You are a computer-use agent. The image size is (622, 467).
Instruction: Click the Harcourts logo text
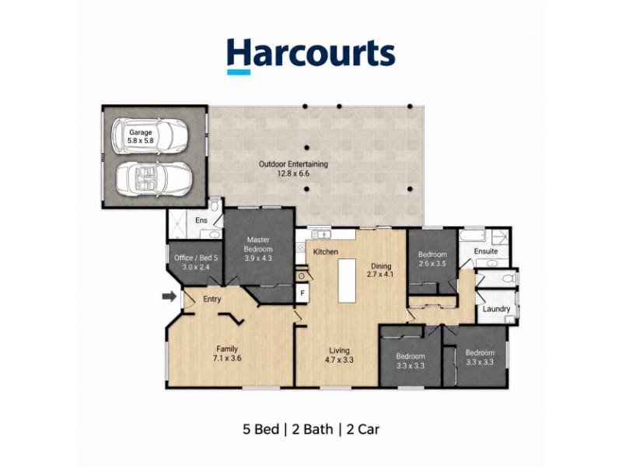[x=311, y=53]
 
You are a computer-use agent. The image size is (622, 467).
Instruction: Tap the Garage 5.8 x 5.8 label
[x=141, y=136]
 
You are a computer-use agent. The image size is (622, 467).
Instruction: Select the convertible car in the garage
[x=154, y=179]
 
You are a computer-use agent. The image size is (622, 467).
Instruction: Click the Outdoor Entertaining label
[x=294, y=168]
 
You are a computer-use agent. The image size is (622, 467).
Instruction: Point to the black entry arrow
[x=169, y=297]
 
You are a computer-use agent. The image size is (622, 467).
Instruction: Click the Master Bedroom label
[x=258, y=249]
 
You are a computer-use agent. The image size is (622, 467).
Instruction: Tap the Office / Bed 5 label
[x=196, y=262]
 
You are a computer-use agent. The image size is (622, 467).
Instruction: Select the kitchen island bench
[x=347, y=281]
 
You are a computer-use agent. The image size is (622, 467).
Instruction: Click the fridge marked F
[x=302, y=293]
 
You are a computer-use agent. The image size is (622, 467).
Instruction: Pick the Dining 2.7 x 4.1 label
[x=381, y=270]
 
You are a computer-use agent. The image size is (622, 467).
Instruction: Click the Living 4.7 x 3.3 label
[x=340, y=355]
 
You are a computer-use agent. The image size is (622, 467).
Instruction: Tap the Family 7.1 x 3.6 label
[x=227, y=353]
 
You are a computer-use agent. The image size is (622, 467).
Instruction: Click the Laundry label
[x=496, y=309]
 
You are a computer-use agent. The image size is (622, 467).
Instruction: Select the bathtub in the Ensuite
[x=472, y=237]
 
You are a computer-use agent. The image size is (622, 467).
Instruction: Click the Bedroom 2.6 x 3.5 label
[x=432, y=258]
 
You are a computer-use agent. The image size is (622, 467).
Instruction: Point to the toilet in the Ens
[x=215, y=205]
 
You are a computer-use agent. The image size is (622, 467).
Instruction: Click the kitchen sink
[x=322, y=234]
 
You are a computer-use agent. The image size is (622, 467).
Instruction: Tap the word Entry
[x=211, y=299]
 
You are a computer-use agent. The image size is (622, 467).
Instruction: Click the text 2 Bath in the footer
[x=312, y=430]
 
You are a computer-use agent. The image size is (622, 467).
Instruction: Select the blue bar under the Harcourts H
[x=239, y=72]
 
